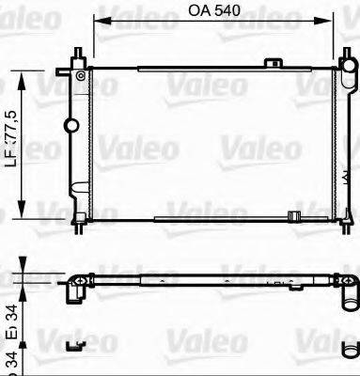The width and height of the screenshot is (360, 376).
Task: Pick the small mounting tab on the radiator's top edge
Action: [274, 63]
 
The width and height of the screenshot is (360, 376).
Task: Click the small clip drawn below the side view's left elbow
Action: [73, 344]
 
